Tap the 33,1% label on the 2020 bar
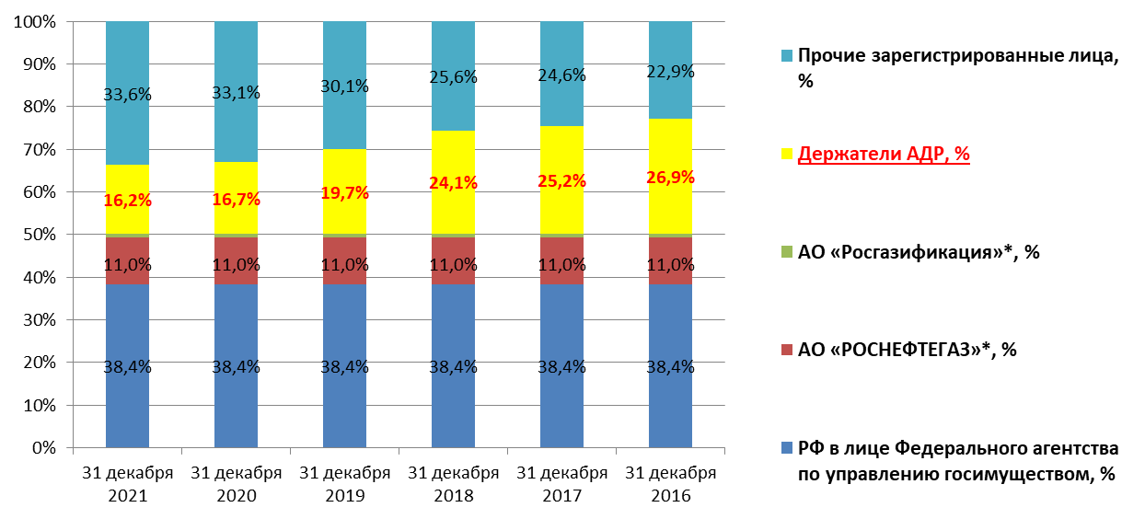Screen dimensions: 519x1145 [x=237, y=92]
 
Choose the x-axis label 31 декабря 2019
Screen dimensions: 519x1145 [x=344, y=484]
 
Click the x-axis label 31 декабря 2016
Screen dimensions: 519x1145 [x=670, y=484]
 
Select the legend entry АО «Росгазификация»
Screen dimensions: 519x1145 [x=919, y=251]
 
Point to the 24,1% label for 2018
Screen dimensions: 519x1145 [x=454, y=182]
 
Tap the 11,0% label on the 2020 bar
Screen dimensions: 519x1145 [x=237, y=265]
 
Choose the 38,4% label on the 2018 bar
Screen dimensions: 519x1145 [x=454, y=367]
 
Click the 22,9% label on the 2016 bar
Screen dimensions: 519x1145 [x=670, y=71]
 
